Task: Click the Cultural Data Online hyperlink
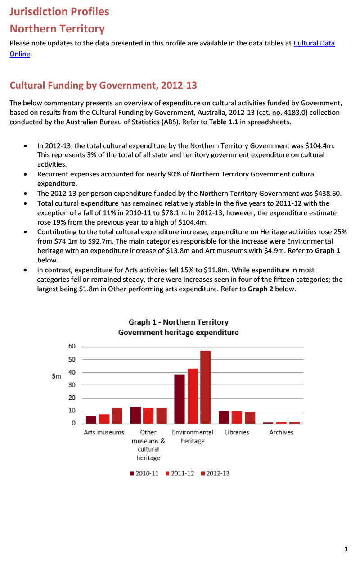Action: (314, 43)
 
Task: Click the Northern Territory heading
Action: (57, 29)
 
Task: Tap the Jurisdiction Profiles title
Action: (59, 11)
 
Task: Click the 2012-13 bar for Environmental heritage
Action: (205, 387)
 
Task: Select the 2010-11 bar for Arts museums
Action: (91, 420)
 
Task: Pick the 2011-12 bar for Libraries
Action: (237, 417)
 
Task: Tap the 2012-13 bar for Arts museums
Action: (117, 416)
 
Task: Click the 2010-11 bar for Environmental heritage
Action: (180, 399)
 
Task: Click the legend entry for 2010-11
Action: (144, 474)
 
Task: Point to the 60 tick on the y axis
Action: (72, 346)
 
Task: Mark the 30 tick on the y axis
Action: (72, 385)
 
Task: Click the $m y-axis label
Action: (57, 376)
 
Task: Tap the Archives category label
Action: (281, 432)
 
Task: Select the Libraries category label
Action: (237, 432)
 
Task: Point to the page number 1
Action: (346, 549)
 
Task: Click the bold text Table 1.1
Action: (224, 122)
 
